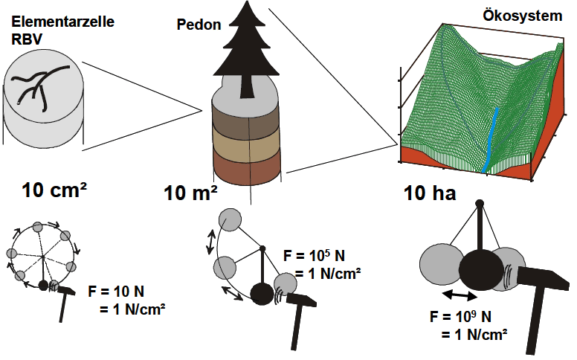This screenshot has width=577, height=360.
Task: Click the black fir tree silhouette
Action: [244, 52]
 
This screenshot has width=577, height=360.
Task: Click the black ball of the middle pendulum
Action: [261, 294]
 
